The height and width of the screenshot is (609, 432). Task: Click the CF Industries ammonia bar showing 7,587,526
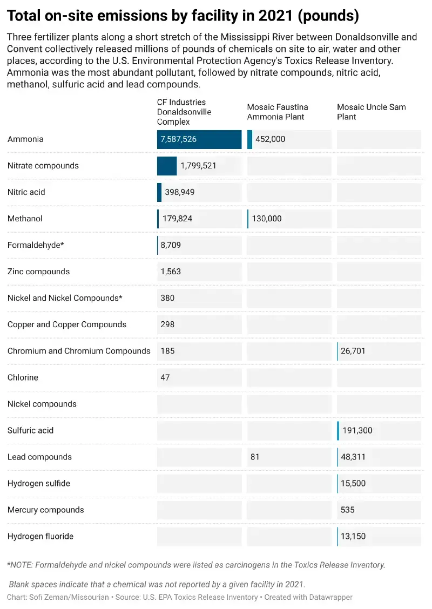[x=199, y=139]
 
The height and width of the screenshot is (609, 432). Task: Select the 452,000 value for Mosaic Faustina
[x=271, y=139]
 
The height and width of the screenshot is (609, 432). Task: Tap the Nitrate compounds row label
[x=43, y=166]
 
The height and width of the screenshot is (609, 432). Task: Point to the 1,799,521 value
[x=199, y=166]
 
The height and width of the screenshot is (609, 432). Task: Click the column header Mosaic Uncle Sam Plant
[x=372, y=112]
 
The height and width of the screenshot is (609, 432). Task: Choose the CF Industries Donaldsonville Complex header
[x=184, y=112]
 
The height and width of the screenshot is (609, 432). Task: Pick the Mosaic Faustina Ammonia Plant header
[x=278, y=112]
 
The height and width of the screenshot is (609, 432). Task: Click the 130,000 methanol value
[x=267, y=219]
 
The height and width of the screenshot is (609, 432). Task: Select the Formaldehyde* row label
[x=36, y=245]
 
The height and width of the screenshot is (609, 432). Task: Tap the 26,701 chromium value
[x=353, y=351]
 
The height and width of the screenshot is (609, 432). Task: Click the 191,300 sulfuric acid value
[x=357, y=430]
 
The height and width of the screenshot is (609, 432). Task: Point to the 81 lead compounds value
[x=255, y=457]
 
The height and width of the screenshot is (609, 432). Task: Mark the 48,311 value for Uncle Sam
[x=353, y=457]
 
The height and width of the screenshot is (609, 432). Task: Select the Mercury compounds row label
[x=46, y=510]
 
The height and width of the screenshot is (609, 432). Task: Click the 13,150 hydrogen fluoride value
[x=353, y=536]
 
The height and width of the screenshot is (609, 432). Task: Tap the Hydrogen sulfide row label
[x=39, y=484]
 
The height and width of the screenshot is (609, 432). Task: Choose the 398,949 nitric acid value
[x=180, y=192]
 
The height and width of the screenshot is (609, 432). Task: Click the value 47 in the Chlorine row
[x=165, y=377]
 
